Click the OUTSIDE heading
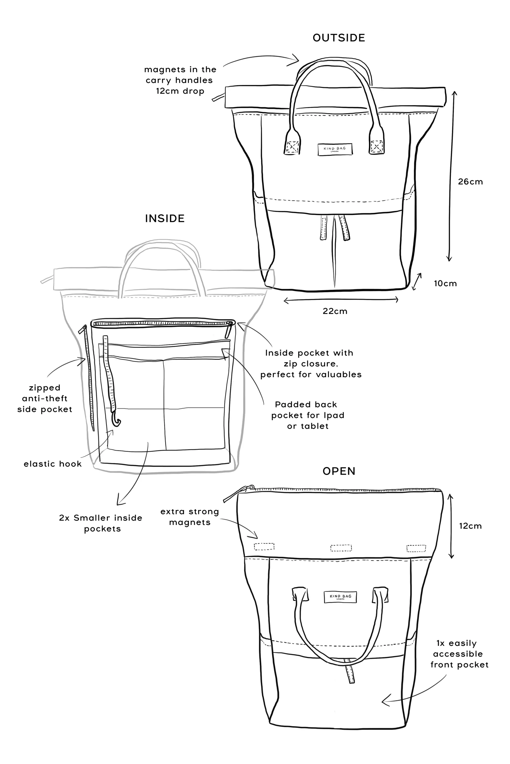tap(339, 38)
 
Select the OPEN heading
tap(339, 471)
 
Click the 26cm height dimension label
tap(470, 182)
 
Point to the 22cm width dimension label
tap(335, 311)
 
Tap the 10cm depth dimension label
tap(445, 284)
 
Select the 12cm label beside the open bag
tap(470, 526)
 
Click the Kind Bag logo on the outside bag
tap(335, 150)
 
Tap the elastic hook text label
tap(52, 464)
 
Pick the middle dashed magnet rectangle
tap(341, 548)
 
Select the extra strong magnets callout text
tap(190, 517)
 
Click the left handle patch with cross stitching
tap(292, 147)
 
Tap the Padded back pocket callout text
tap(307, 415)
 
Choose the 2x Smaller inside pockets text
tap(101, 523)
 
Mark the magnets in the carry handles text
tap(180, 80)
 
